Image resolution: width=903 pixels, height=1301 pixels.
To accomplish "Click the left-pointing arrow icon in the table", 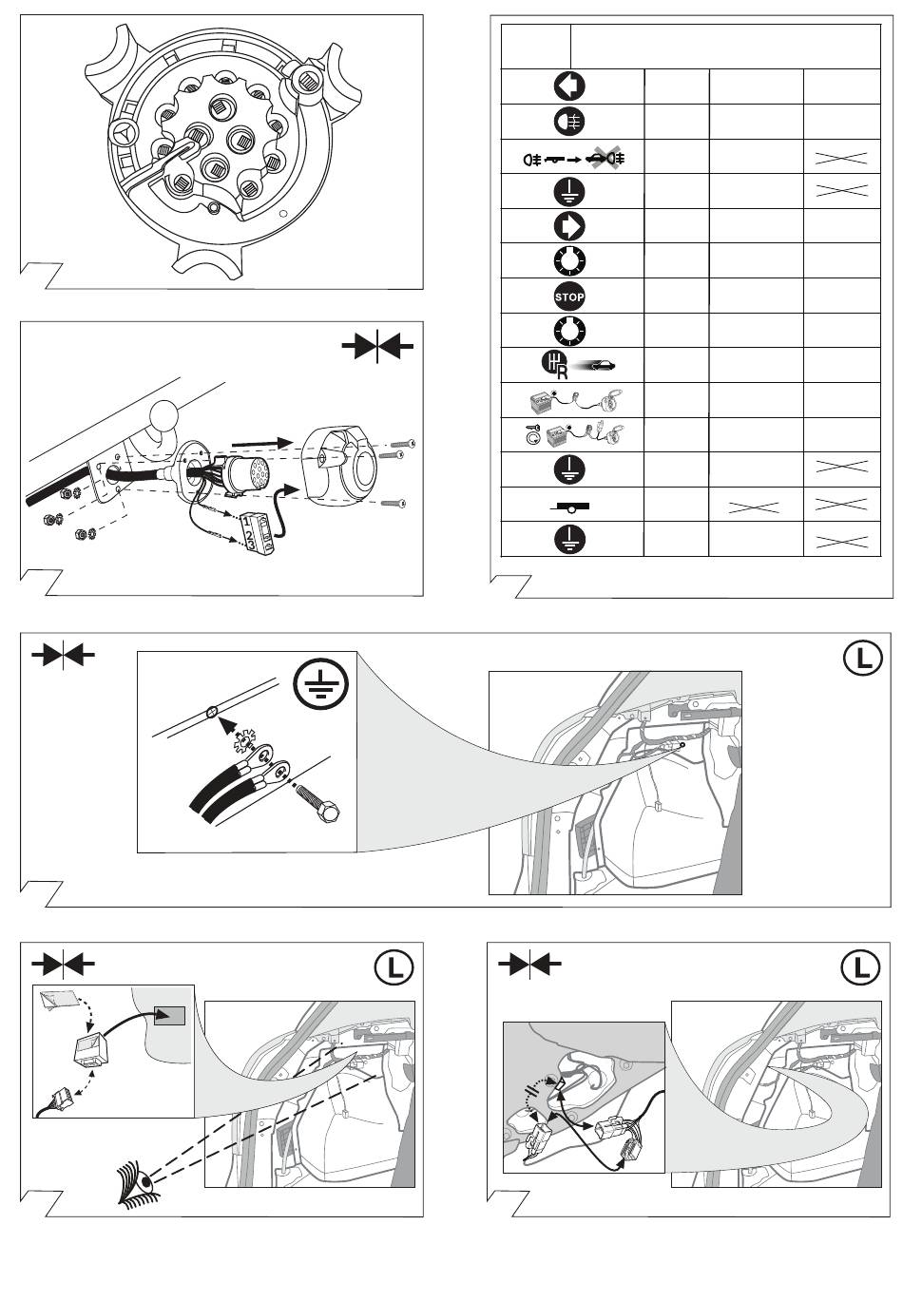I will [x=569, y=86].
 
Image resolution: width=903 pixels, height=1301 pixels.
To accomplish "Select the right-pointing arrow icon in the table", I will [x=569, y=226].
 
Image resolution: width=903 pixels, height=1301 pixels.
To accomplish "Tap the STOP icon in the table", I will [x=569, y=297].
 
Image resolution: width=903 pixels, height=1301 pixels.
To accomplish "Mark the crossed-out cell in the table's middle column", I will [x=757, y=505].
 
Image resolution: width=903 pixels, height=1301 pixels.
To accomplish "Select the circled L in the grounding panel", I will [x=862, y=659].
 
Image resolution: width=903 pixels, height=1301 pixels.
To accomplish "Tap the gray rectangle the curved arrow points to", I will [x=169, y=1016].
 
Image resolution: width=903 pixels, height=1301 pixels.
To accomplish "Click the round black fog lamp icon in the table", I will [x=569, y=122].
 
